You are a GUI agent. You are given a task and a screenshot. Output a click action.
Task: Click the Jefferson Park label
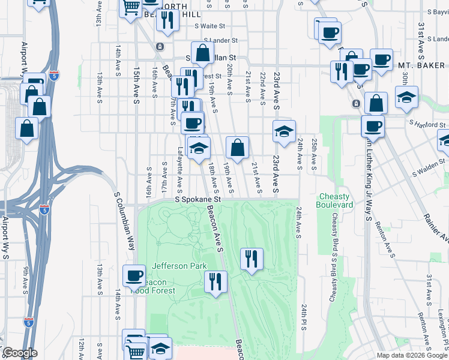pyautogui.click(x=179, y=266)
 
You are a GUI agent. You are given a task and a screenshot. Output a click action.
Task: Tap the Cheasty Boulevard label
pyautogui.click(x=335, y=200)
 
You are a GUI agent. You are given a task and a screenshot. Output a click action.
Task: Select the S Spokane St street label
pyautogui.click(x=198, y=199)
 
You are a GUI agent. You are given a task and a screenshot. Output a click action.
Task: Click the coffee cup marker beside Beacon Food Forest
pyautogui.click(x=134, y=276)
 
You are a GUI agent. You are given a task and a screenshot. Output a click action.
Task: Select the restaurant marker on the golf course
pyautogui.click(x=251, y=259)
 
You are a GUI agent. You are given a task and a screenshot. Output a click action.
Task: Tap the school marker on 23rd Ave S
pyautogui.click(x=284, y=131)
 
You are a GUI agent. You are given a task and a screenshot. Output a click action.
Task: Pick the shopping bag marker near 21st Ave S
pyautogui.click(x=238, y=148)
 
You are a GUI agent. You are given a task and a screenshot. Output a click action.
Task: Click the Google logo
pyautogui.click(x=20, y=353)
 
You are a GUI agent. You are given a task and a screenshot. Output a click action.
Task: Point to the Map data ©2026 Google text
pyautogui.click(x=412, y=355)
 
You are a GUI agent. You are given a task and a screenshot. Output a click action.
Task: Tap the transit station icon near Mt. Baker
pyautogui.click(x=356, y=103)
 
